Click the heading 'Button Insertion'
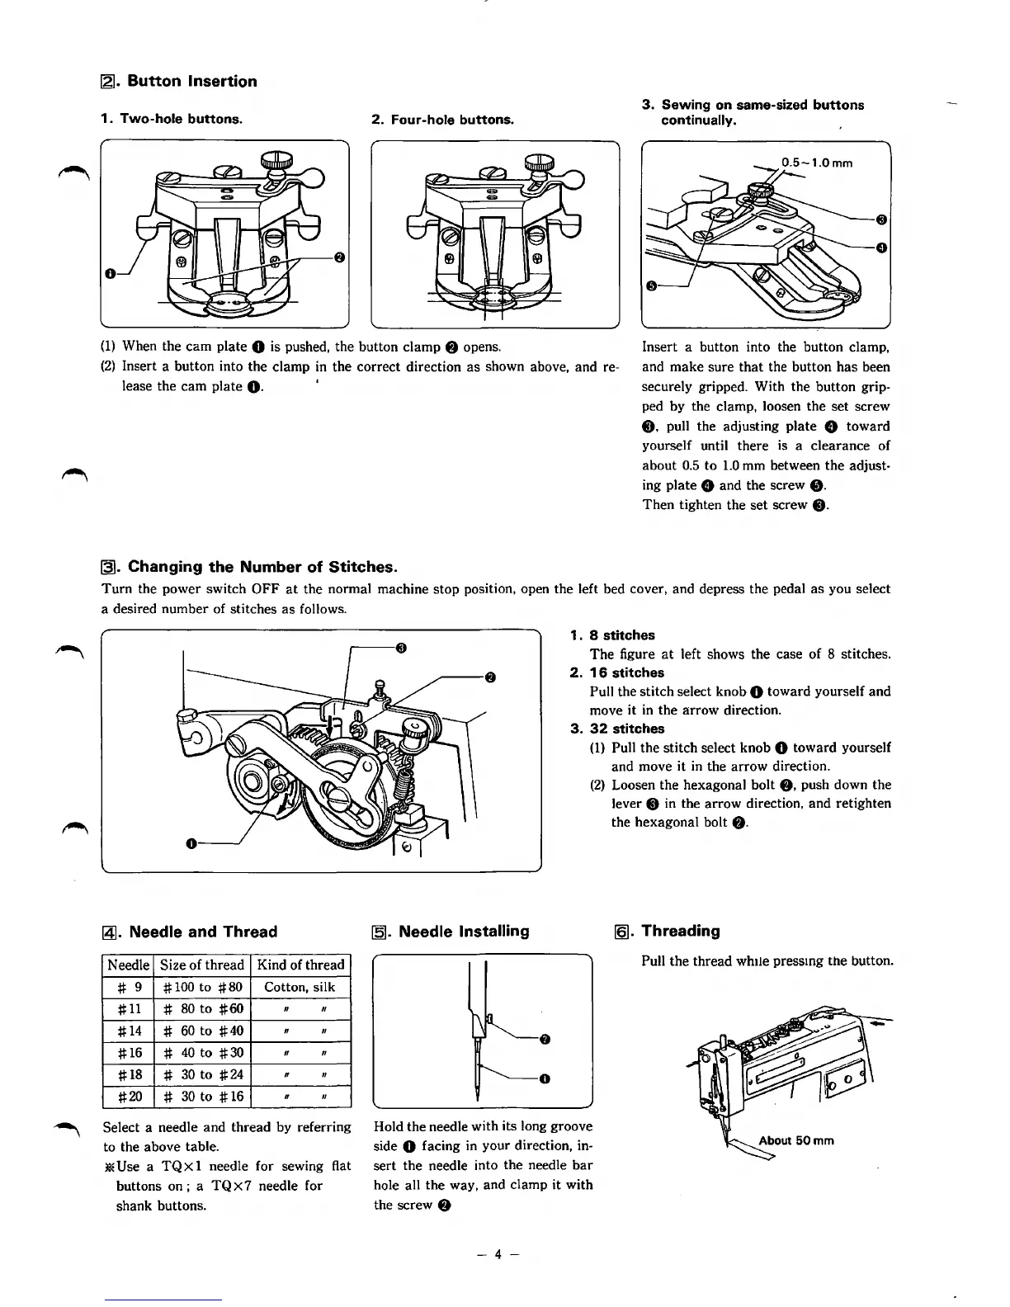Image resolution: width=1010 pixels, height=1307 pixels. coord(191,81)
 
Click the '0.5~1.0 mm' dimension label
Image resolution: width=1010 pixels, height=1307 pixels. coord(817,163)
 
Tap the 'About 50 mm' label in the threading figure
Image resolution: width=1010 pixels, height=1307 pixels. coord(795,1140)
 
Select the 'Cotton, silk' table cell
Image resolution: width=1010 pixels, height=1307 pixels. coord(300,987)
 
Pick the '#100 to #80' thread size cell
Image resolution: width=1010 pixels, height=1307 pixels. coord(202,987)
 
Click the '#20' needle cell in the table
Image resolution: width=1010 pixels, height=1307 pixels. coord(128,1097)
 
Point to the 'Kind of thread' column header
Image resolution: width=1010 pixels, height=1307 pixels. coord(300,965)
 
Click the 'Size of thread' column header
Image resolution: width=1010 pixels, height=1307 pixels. coord(202,965)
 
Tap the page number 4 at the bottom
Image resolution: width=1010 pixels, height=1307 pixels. coord(498,1254)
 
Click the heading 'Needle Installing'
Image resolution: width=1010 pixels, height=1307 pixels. coord(463,932)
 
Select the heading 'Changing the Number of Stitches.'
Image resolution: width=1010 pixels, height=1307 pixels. coord(262,567)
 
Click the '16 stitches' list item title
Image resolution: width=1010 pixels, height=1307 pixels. coord(626,672)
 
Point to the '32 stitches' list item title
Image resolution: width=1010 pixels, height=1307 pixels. coord(626,729)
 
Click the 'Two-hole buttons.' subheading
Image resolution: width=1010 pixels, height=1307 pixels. coord(181,119)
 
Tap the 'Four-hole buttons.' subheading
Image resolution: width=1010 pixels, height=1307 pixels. coord(452,120)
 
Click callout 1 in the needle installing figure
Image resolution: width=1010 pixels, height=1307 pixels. coord(545,1078)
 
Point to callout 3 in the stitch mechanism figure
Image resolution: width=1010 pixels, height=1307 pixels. coord(401,647)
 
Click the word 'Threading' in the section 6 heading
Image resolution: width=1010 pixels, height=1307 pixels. coord(681,931)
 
